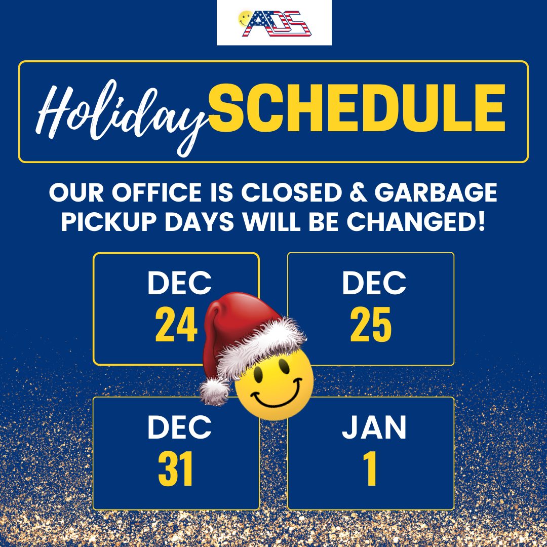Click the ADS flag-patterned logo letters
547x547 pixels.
[x=277, y=24]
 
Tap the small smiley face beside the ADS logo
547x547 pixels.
[x=245, y=19]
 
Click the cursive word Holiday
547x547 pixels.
[x=121, y=117]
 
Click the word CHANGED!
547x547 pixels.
[x=416, y=222]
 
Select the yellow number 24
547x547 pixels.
[x=177, y=325]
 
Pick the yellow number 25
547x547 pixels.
[x=371, y=325]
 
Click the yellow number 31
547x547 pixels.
[x=175, y=469]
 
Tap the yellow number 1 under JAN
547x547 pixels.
[x=370, y=469]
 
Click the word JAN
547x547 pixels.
[x=374, y=427]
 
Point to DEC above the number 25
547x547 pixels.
[x=374, y=283]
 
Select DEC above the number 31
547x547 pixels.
[x=179, y=427]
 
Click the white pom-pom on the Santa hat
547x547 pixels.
[x=214, y=392]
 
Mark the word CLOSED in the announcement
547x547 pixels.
[x=291, y=192]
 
